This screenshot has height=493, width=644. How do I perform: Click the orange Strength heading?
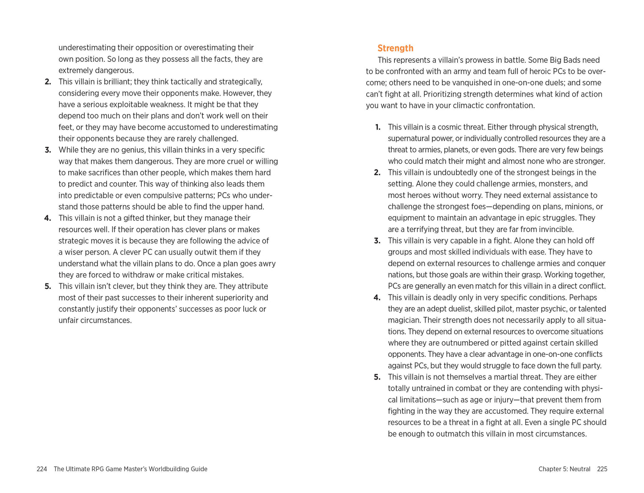[395, 48]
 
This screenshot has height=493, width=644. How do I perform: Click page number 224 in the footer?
[42, 469]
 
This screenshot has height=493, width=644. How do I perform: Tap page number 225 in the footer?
[602, 469]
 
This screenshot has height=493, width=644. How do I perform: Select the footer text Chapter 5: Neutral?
[564, 469]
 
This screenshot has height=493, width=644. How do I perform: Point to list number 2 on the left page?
[48, 82]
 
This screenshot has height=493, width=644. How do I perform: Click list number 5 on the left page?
[48, 287]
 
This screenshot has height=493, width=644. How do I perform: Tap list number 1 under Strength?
[377, 127]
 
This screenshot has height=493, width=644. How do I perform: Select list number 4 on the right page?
[377, 298]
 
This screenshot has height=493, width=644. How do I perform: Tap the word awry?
[267, 263]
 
